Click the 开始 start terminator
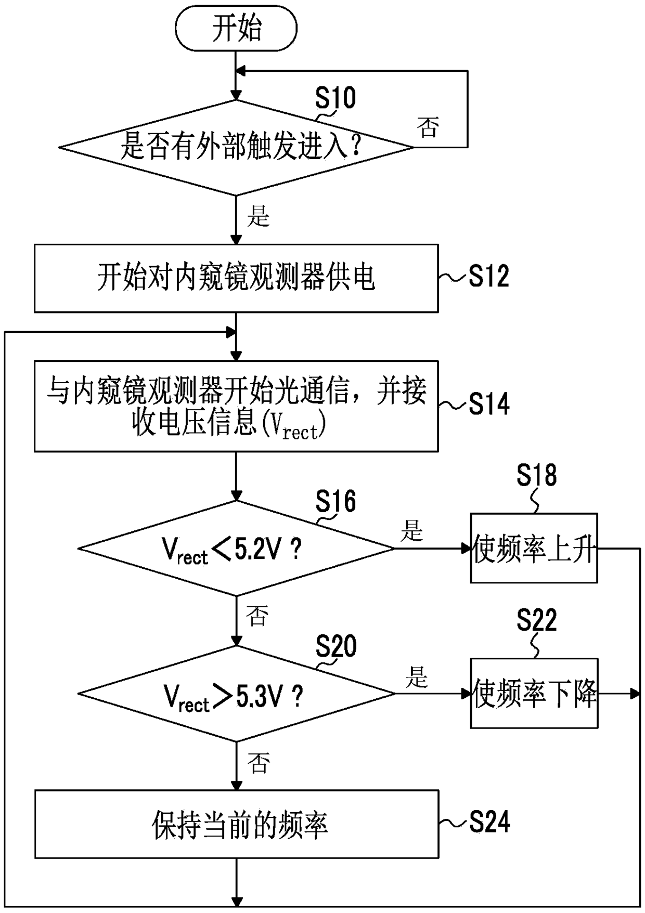[236, 28]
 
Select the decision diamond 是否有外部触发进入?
[236, 148]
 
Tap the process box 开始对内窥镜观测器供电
[236, 278]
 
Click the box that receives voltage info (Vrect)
[236, 406]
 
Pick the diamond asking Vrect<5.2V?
[236, 549]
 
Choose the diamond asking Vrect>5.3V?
[236, 694]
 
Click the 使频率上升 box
[534, 548]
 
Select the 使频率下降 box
[534, 693]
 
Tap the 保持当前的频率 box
[237, 824]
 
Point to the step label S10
[336, 98]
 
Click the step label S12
[488, 276]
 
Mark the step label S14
[489, 404]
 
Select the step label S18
[536, 475]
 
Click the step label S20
[336, 647]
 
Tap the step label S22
[536, 620]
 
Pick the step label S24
[489, 822]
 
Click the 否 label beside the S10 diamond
[428, 126]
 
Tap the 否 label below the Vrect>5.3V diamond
[259, 763]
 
